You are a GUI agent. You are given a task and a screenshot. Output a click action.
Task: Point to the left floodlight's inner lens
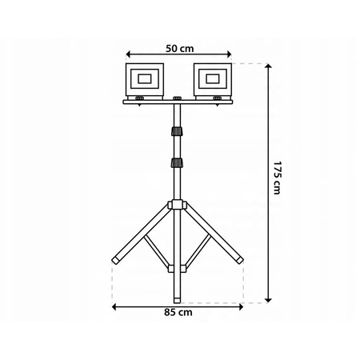tap(143, 78)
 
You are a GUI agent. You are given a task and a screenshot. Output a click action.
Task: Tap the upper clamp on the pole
tap(176, 132)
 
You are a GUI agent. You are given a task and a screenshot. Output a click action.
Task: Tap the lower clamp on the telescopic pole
tap(176, 163)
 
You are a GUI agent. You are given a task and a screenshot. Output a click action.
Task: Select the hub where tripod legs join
tap(176, 206)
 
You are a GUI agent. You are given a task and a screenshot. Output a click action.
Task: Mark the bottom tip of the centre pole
tap(176, 273)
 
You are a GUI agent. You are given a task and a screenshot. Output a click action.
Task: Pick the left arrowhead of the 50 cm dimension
tap(127, 56)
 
